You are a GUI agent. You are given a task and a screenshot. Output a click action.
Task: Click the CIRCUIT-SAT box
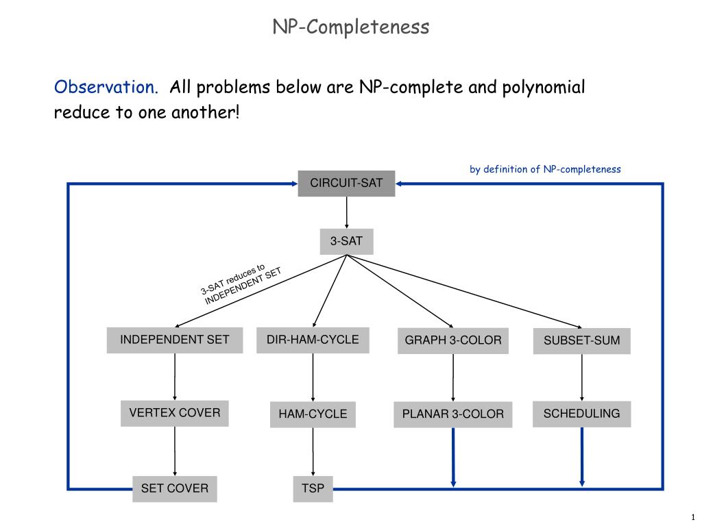click(346, 184)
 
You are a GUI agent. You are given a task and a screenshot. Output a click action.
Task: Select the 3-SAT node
click(346, 242)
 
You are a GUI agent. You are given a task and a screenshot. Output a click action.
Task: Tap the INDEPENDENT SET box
click(175, 340)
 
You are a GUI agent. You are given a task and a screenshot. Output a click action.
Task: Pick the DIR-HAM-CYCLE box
click(313, 340)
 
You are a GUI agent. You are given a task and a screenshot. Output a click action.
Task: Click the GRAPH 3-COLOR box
click(452, 340)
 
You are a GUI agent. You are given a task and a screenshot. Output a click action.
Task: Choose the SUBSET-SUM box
click(582, 340)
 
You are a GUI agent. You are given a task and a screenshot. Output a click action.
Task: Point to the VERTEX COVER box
click(175, 413)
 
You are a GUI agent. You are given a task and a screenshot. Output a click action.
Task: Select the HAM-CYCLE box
click(313, 414)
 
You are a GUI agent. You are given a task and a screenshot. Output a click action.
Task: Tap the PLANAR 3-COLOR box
click(452, 414)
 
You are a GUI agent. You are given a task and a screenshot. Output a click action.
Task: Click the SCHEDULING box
click(582, 414)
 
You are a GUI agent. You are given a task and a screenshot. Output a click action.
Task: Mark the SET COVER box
click(175, 489)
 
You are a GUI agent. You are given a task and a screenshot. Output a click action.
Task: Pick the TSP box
click(313, 489)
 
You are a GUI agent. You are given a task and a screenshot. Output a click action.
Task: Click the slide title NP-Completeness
click(351, 27)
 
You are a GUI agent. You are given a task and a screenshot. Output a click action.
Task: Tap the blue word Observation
click(106, 88)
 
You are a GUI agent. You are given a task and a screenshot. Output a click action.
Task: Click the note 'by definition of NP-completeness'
click(545, 169)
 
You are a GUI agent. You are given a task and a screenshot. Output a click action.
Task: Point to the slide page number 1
click(693, 516)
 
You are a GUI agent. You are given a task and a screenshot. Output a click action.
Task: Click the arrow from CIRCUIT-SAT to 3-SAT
click(346, 213)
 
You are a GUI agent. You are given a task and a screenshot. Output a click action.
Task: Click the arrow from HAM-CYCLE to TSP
click(313, 452)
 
